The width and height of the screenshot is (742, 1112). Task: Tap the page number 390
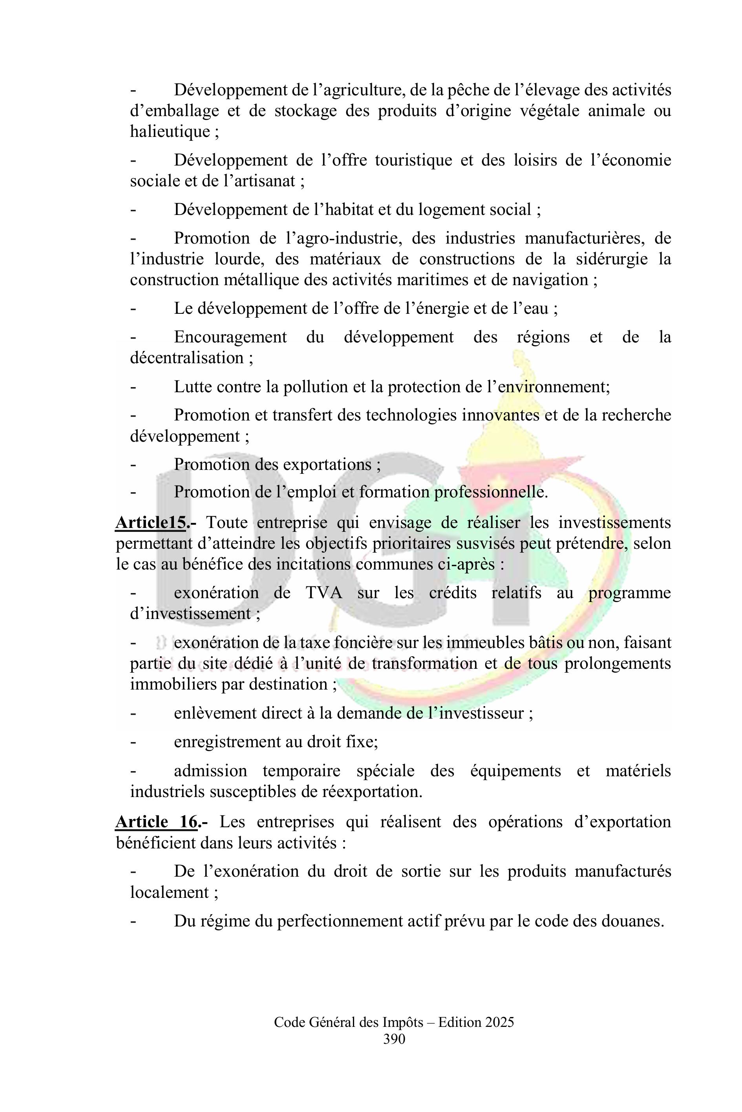(x=394, y=1052)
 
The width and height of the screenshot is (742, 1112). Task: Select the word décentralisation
(x=186, y=357)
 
